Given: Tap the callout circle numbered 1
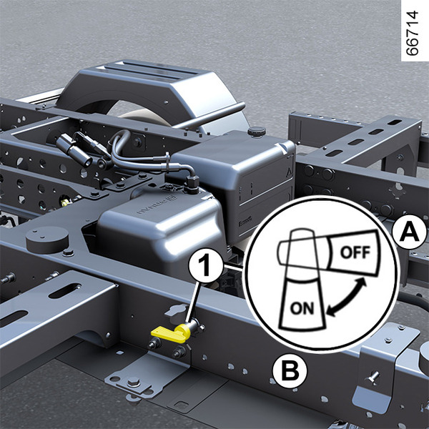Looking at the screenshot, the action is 206,265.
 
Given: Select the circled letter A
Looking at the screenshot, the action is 409,232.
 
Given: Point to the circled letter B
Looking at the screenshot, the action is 290,370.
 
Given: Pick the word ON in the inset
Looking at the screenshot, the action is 302,308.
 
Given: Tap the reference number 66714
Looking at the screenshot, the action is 413,33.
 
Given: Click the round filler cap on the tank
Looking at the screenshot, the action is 257,132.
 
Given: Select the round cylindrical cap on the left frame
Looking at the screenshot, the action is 46,240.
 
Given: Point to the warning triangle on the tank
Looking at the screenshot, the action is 289,172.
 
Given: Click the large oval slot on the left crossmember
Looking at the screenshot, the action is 65,291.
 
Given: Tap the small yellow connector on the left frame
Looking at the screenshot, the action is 64,202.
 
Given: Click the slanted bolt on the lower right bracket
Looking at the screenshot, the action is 373,377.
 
